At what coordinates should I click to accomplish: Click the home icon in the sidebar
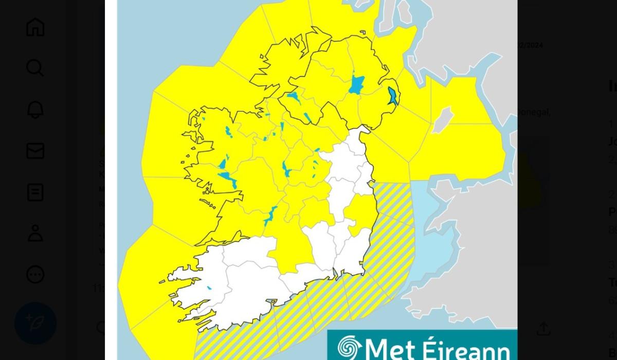click(x=35, y=27)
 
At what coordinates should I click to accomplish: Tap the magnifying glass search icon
click(x=35, y=68)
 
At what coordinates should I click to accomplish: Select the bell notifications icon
click(x=35, y=110)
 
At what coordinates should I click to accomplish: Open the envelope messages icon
click(x=35, y=151)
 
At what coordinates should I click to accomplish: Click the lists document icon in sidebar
click(x=35, y=192)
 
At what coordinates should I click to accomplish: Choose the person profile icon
click(x=35, y=233)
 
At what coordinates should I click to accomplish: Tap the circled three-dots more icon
click(x=35, y=275)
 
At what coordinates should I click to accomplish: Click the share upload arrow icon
click(x=543, y=329)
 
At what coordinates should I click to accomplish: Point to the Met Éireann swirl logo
click(x=349, y=348)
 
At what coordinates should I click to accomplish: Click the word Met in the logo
click(x=390, y=349)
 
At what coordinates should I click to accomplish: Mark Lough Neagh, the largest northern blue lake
click(x=356, y=84)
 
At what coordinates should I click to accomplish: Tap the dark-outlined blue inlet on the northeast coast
click(x=393, y=96)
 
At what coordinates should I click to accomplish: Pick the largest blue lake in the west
click(x=228, y=179)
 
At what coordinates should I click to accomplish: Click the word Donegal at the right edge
click(x=533, y=112)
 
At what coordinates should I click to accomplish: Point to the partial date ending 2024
click(x=530, y=45)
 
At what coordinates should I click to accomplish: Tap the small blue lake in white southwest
click(x=209, y=288)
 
